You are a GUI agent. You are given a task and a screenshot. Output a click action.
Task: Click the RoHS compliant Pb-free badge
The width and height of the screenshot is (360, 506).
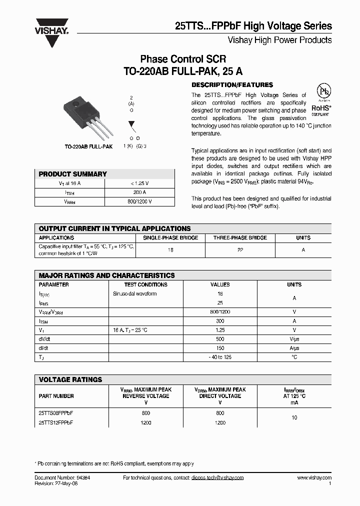coord(321,100)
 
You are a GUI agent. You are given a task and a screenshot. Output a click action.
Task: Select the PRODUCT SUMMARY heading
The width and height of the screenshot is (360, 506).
coord(73,174)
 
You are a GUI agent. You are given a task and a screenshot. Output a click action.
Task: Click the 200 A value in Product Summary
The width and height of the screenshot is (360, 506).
coord(139,192)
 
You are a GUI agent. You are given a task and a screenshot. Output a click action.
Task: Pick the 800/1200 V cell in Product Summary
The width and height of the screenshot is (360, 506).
coord(139,201)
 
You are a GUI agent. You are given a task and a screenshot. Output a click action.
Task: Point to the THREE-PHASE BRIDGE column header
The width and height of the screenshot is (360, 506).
coord(240,238)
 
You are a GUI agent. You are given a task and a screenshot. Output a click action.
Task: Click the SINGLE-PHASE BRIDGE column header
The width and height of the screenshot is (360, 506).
coord(170,238)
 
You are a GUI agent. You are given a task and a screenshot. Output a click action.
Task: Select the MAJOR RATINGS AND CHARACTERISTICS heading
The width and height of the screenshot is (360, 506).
coord(107,275)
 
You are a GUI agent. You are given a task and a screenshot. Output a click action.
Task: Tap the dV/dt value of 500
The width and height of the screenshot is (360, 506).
coord(220,339)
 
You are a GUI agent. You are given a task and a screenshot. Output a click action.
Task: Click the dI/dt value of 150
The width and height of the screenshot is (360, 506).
coord(220,348)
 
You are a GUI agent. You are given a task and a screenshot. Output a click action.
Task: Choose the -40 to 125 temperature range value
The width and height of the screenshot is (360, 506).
coord(220,357)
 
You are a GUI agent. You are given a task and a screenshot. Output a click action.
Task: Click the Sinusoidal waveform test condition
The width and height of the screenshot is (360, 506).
coord(135,293)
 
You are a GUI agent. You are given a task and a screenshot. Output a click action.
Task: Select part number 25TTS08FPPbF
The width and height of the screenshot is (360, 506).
coord(56,413)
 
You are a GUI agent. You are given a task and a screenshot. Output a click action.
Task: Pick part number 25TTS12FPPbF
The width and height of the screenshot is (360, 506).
coord(56,422)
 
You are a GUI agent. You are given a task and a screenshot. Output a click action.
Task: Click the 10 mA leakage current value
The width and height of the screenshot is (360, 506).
coord(294,417)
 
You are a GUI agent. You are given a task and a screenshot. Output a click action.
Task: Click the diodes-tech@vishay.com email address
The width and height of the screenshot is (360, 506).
coord(217,477)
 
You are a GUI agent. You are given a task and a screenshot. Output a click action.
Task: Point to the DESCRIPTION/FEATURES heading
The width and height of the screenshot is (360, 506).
coord(232,85)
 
